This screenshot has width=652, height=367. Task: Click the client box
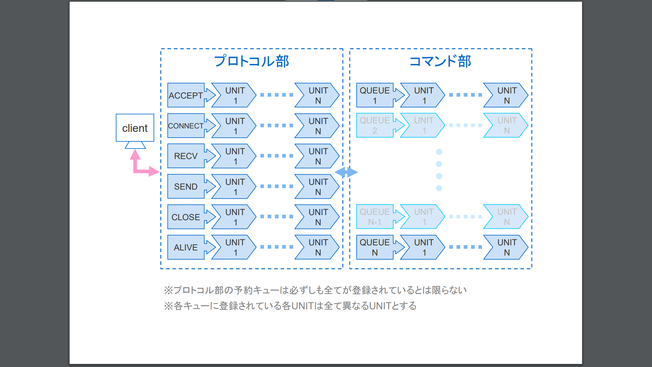pos(135,128)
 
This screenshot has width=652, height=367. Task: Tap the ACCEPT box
pos(186,95)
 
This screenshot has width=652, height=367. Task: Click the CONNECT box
pos(186,126)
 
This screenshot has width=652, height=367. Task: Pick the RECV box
pos(186,156)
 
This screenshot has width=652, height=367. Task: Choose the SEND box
pos(186,187)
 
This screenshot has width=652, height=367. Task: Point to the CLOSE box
pos(186,217)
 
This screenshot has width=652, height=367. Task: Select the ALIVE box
pos(186,247)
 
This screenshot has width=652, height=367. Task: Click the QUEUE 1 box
pos(375,95)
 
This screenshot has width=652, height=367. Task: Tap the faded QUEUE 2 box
pos(375,125)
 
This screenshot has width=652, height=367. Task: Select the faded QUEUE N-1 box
pos(375,217)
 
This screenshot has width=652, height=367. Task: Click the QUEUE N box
pos(375,247)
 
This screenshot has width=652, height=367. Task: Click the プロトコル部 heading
pos(251,62)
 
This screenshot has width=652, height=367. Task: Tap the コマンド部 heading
pos(440,62)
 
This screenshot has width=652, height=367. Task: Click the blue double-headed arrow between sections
pos(346,172)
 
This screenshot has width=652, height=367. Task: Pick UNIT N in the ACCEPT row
pos(318,95)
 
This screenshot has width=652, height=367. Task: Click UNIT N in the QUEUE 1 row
pos(506,95)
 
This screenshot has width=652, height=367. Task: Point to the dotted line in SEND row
pos(276,187)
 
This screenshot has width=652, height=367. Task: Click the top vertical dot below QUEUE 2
pos(439,152)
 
